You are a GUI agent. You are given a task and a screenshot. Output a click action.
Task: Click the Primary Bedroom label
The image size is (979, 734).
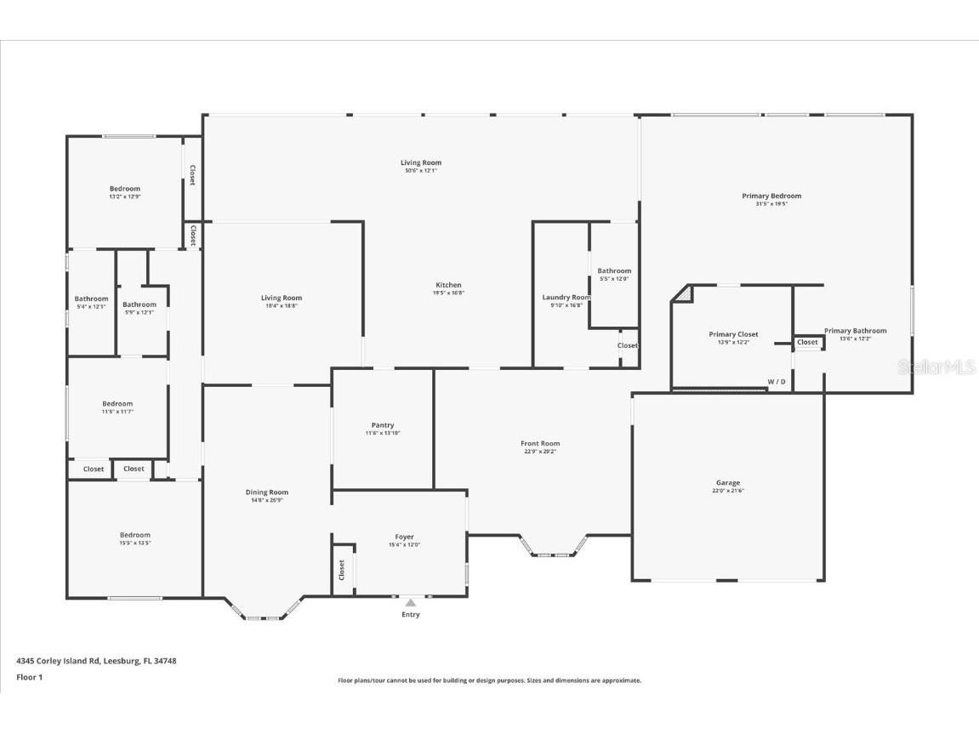coord(771,196)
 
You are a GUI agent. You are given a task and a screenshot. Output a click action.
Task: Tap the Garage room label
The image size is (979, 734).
coord(727,482)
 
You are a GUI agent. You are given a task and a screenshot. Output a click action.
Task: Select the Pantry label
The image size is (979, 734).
coord(383,425)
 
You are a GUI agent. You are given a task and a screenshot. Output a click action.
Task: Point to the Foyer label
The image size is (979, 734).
coord(404,537)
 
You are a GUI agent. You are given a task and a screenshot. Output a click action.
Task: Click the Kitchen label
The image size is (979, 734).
coord(448,285)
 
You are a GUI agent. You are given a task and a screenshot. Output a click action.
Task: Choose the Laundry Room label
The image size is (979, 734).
coord(566,297)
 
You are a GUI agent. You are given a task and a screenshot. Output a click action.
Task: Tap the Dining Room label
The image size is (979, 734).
coord(267,492)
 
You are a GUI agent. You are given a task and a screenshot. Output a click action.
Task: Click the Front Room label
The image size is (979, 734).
coord(540,443)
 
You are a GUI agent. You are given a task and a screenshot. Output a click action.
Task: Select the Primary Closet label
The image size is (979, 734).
coord(733,334)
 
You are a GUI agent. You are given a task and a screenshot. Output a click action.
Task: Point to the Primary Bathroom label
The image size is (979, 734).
coord(855,331)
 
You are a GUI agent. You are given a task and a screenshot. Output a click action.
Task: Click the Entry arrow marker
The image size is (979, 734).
coord(410,603)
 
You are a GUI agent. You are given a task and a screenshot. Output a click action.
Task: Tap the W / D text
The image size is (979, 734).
coord(777,382)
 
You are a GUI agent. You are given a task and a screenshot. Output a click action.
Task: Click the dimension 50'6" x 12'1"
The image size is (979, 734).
coord(421,171)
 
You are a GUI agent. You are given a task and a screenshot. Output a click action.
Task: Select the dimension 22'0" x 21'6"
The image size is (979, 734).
coord(728,491)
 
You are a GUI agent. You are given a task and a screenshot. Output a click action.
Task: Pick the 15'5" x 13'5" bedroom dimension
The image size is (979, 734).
coord(134,543)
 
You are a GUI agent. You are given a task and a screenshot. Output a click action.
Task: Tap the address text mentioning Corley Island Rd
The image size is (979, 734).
coord(96,660)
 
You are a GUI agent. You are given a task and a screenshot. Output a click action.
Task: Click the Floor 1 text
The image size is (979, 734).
coord(29,677)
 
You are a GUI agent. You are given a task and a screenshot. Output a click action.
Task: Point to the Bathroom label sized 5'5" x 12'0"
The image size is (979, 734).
coord(614,270)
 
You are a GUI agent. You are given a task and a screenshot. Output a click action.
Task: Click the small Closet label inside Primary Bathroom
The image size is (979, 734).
coord(807,342)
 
